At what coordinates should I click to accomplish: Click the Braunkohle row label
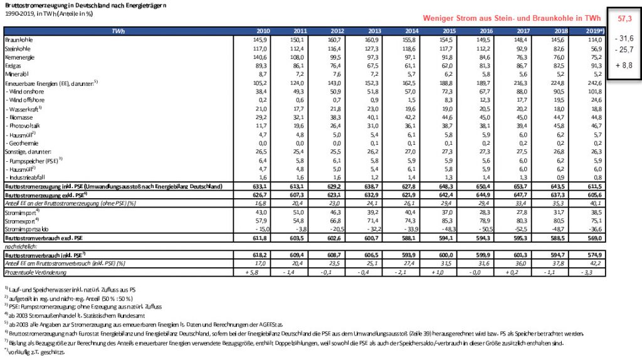pyautogui.click(x=18, y=40)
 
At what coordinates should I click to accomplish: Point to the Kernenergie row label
pyautogui.click(x=19, y=56)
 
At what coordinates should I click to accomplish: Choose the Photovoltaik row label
pyautogui.click(x=24, y=125)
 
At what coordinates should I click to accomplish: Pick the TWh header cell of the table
pyautogui.click(x=118, y=31)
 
